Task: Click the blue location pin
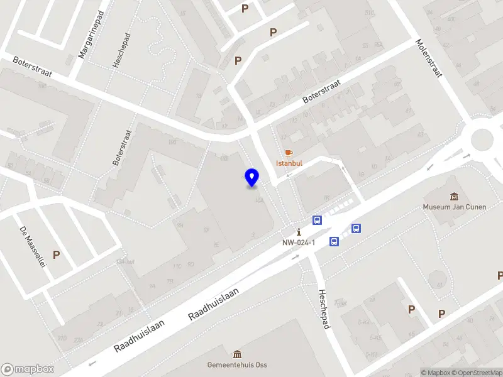click(251, 178)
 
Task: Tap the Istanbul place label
click(289, 163)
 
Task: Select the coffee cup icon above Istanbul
click(289, 153)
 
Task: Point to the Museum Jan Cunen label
click(454, 207)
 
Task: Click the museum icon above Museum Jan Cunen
click(454, 197)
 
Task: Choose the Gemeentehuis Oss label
click(236, 364)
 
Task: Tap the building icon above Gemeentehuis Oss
click(236, 354)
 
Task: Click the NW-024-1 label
click(299, 243)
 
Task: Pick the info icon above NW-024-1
click(299, 232)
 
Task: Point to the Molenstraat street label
click(429, 58)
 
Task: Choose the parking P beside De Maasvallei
click(57, 255)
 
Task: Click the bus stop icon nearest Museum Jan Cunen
click(356, 229)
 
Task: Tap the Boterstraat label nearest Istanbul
click(321, 92)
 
